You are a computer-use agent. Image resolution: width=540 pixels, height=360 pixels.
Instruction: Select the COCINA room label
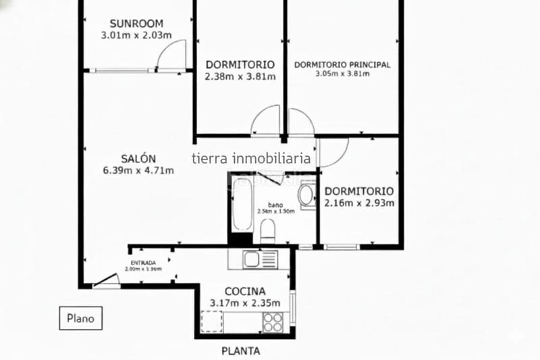tap(240, 291)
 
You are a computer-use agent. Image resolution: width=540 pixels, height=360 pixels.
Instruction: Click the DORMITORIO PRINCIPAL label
tap(343, 65)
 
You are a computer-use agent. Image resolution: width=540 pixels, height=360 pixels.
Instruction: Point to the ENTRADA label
tap(143, 262)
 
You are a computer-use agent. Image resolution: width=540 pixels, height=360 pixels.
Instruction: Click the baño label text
tap(275, 204)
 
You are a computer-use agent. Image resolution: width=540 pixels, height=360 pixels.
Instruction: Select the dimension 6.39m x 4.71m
tap(138, 170)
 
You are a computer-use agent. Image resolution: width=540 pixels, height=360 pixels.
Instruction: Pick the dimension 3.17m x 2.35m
tap(240, 303)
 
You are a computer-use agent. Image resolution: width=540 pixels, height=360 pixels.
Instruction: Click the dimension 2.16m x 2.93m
tap(359, 203)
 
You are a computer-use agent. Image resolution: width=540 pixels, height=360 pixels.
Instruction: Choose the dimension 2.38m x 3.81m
tap(240, 76)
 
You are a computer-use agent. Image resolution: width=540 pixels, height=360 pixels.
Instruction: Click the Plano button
tap(80, 317)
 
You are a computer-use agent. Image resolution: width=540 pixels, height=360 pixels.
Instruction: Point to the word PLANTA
tap(241, 351)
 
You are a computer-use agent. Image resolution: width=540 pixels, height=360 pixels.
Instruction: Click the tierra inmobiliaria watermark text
tap(251, 159)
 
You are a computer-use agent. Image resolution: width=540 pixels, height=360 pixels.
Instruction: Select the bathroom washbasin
tap(306, 196)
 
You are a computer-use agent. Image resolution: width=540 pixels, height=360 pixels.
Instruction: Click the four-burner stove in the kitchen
tap(272, 322)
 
